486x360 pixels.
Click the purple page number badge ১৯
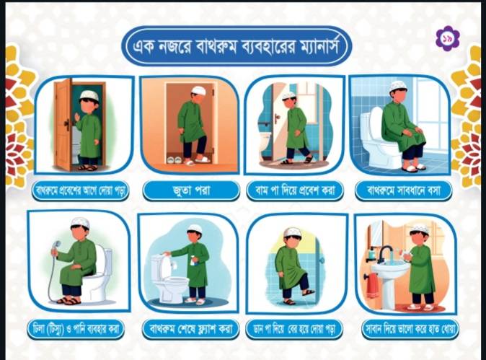(x=448, y=38)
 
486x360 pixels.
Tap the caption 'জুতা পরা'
(x=191, y=190)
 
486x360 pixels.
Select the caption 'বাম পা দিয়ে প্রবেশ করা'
(x=295, y=190)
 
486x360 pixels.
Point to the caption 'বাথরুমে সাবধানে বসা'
(x=403, y=190)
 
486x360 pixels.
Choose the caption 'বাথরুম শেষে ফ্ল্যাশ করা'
(x=190, y=329)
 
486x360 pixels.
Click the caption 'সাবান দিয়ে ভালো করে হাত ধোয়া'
(x=410, y=329)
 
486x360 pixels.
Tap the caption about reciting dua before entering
(x=80, y=190)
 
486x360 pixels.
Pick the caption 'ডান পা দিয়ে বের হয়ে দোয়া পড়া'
(x=294, y=329)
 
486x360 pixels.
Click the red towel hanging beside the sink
(x=372, y=286)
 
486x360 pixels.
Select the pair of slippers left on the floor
(x=174, y=159)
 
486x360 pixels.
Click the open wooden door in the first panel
(x=63, y=124)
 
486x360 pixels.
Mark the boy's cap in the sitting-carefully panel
(x=398, y=85)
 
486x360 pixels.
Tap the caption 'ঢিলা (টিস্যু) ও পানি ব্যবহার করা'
(x=76, y=329)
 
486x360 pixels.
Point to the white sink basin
(x=389, y=269)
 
